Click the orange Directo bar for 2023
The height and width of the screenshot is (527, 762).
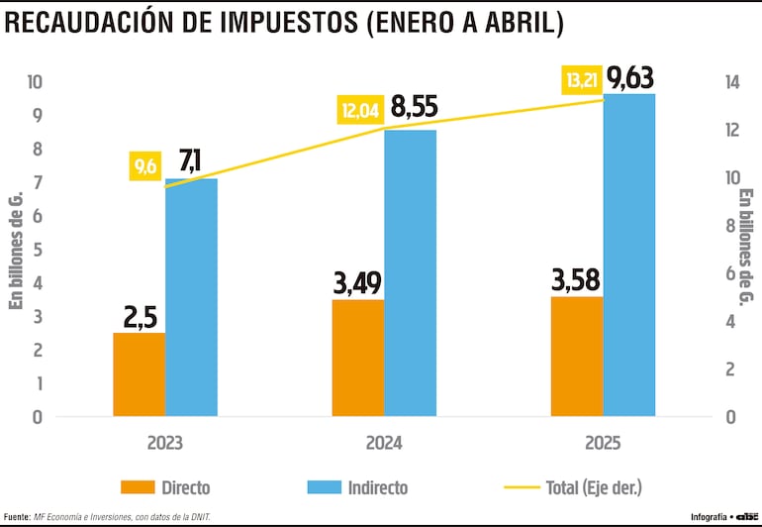(x=139, y=373)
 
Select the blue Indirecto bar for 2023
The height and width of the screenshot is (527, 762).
(x=191, y=297)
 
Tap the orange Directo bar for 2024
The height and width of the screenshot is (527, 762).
(x=358, y=357)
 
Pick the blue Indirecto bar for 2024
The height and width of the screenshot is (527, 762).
(x=410, y=272)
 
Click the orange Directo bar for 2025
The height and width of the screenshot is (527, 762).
(x=577, y=356)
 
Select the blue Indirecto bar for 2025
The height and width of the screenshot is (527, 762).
(x=629, y=255)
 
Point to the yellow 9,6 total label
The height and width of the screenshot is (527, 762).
(x=146, y=166)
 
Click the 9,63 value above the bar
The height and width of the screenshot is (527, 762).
(x=630, y=76)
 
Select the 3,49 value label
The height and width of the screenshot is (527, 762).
(x=358, y=285)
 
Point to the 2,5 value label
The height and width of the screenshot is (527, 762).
(x=139, y=317)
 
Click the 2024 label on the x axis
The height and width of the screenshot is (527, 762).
(x=383, y=444)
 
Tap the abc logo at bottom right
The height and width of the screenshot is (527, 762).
(x=743, y=516)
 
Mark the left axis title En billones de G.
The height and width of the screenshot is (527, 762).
(x=15, y=250)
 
